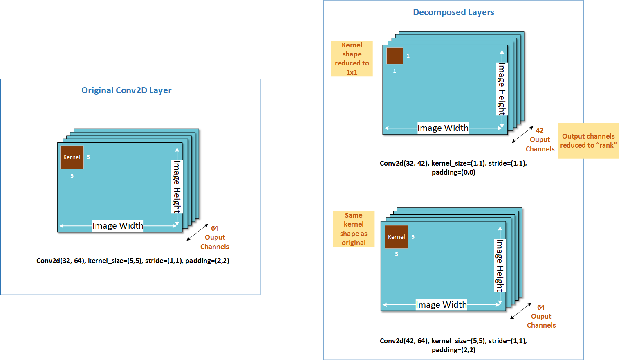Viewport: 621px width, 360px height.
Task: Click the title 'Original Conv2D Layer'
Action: point(126,90)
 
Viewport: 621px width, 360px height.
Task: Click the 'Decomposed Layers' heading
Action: point(453,12)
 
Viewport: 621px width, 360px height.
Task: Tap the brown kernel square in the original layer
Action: point(72,157)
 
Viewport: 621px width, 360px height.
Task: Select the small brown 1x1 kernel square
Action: point(395,56)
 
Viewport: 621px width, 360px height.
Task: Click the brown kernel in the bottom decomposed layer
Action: point(397,237)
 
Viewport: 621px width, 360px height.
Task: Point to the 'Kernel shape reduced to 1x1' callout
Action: point(352,59)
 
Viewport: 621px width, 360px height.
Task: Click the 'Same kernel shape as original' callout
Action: point(354,229)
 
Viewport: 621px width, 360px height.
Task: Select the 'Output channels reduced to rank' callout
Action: point(588,141)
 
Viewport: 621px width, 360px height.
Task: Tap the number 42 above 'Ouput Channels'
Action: point(540,130)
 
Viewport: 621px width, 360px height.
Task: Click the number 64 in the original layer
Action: point(215,228)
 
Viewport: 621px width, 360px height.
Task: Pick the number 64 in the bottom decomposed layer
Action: point(541,307)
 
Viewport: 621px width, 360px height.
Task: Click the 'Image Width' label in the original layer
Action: point(118,226)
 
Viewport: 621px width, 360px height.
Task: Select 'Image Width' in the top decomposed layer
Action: point(443,128)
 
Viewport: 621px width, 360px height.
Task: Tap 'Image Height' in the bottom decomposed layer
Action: point(500,265)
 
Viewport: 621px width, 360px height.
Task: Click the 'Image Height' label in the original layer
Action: point(177,187)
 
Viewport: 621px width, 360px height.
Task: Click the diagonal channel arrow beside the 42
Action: point(522,135)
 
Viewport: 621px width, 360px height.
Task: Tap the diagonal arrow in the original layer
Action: point(197,232)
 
